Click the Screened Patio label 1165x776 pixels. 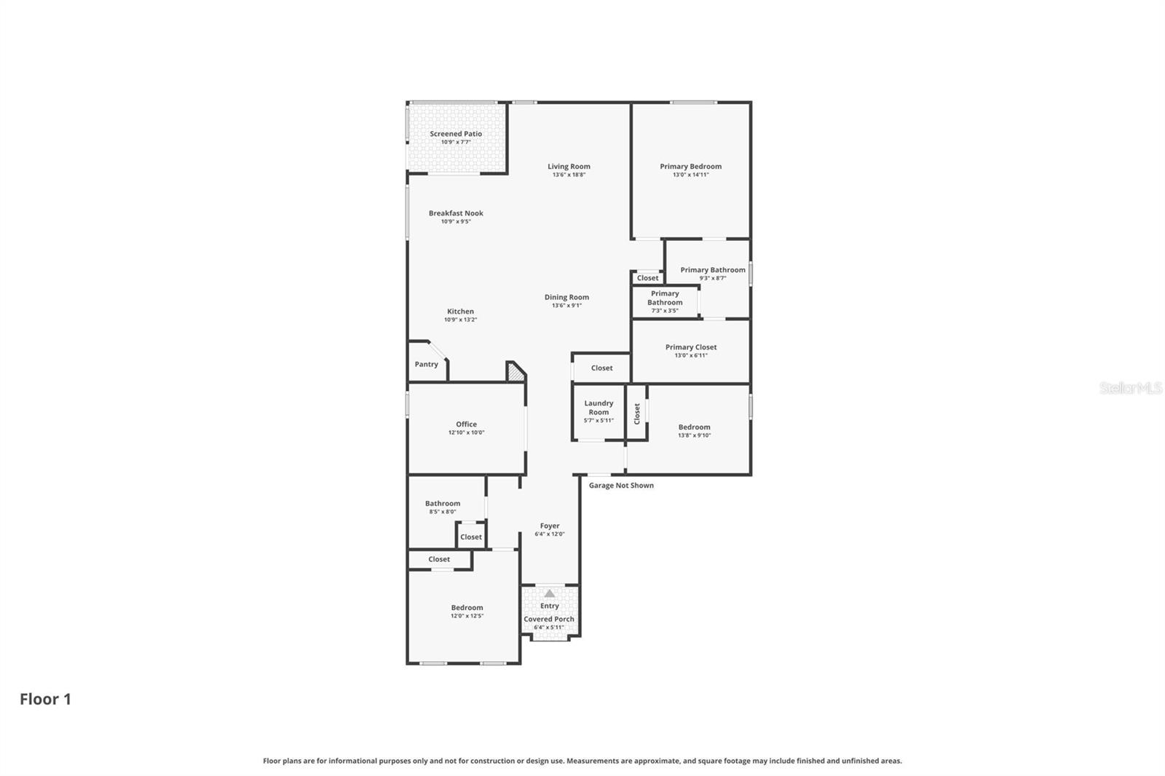point(456,134)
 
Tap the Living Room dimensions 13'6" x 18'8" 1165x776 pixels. point(569,175)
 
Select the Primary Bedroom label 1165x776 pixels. point(690,167)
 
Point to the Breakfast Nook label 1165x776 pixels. point(456,213)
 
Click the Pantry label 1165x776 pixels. point(427,364)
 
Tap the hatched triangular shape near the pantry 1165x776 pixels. point(516,373)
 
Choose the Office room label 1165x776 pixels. point(466,424)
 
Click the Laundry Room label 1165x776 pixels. point(599,408)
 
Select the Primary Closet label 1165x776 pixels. point(690,347)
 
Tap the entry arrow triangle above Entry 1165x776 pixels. point(550,593)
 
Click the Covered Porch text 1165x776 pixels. point(549,619)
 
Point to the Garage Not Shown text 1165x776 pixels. point(621,486)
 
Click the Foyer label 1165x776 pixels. point(550,526)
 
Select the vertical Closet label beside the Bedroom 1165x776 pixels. point(637,413)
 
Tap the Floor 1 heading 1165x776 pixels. point(45,699)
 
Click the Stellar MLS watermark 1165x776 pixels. point(1130,388)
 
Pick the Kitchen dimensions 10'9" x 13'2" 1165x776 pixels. point(460,320)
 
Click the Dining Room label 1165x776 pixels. point(566,297)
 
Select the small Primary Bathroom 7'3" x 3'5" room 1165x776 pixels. point(665,301)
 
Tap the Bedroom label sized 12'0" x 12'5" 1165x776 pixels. point(467,608)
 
